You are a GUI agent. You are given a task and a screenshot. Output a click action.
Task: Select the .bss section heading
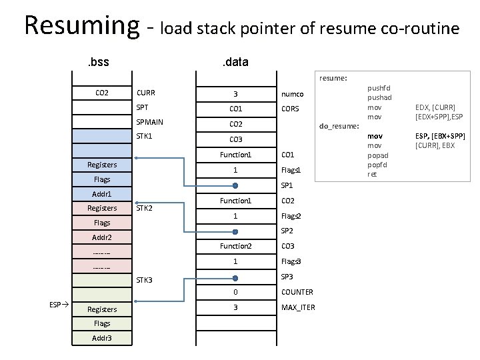pyautogui.click(x=99, y=63)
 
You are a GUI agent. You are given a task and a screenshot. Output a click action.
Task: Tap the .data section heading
pyautogui.click(x=235, y=63)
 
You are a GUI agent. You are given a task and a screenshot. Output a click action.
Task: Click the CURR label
pyautogui.click(x=146, y=93)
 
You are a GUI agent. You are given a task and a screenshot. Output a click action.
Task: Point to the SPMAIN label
pyautogui.click(x=149, y=123)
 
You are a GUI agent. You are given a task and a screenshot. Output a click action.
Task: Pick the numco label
pyautogui.click(x=293, y=94)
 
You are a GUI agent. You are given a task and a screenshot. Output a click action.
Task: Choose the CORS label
pyautogui.click(x=291, y=109)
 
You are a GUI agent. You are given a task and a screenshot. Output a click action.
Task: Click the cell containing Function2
pyautogui.click(x=236, y=246)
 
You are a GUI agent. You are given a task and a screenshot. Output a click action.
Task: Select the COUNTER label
pyautogui.click(x=297, y=292)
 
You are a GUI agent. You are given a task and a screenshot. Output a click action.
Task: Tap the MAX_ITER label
pyautogui.click(x=298, y=307)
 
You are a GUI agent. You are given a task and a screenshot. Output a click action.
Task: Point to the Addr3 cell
pyautogui.click(x=102, y=339)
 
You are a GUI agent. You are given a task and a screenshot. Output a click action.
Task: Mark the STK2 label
pyautogui.click(x=145, y=208)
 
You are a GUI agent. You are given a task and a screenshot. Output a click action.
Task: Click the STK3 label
pyautogui.click(x=145, y=280)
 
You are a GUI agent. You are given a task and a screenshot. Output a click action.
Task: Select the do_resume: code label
pyautogui.click(x=339, y=126)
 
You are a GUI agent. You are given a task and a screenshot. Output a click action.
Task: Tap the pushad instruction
pyautogui.click(x=379, y=97)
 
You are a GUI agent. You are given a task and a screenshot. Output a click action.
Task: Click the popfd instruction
pyautogui.click(x=377, y=165)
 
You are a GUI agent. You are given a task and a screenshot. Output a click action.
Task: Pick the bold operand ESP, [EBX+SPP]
pyautogui.click(x=440, y=136)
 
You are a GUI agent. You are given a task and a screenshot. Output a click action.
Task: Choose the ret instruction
pyautogui.click(x=372, y=174)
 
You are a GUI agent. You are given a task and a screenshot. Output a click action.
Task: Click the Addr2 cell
pyautogui.click(x=102, y=237)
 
